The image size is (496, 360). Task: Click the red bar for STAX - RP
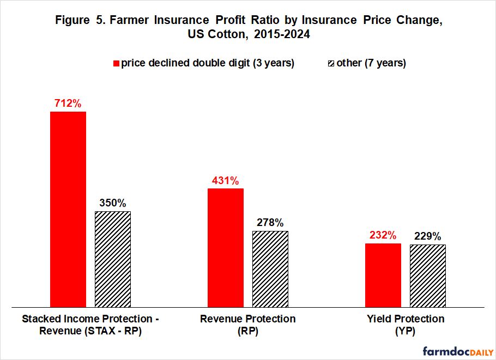tap(68, 209)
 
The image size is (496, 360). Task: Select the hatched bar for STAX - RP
tap(113, 258)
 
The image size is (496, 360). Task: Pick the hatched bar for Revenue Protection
tap(270, 268)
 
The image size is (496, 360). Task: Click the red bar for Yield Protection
tap(383, 274)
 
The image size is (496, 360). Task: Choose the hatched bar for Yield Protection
tap(428, 275)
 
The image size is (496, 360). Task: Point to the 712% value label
tap(68, 103)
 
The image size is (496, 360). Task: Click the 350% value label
tap(113, 203)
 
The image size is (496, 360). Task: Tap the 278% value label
tap(270, 223)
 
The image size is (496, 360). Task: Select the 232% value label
tap(383, 235)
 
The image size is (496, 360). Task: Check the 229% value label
tap(428, 236)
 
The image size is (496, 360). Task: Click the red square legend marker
tap(116, 63)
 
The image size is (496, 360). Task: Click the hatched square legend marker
tap(330, 63)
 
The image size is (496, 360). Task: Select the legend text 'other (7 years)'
tap(371, 63)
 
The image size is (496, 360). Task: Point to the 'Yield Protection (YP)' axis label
tap(405, 325)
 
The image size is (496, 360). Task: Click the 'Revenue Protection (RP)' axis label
tap(248, 325)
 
